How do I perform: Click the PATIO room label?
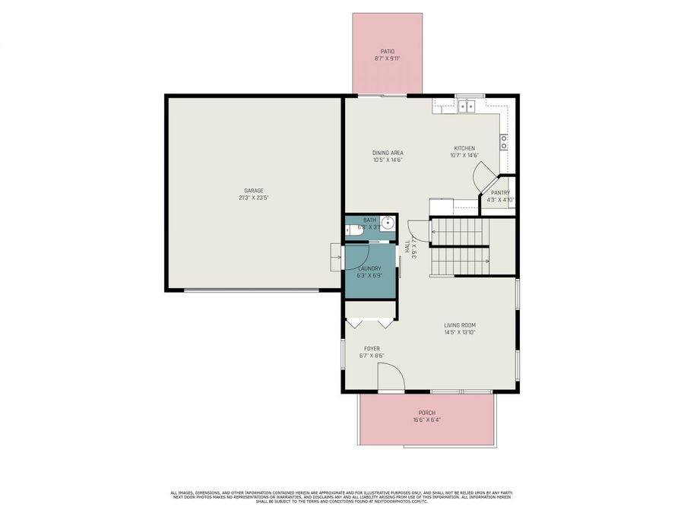coord(388,52)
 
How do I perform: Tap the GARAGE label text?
coord(253,190)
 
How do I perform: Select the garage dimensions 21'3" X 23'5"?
coord(253,198)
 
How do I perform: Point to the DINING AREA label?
coord(388,153)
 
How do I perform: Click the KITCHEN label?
coord(464,148)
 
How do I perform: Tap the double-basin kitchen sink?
coord(465,106)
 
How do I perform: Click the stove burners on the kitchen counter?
coord(503,142)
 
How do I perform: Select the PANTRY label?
coord(500,193)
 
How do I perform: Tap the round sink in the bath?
coord(387,223)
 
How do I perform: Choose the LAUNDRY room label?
coord(369,268)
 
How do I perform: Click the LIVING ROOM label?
coord(460,325)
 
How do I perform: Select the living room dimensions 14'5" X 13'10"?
coord(460,333)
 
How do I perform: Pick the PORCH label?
coord(427,413)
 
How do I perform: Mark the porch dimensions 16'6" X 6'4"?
coord(427,420)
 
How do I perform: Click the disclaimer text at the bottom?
coord(342,497)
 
